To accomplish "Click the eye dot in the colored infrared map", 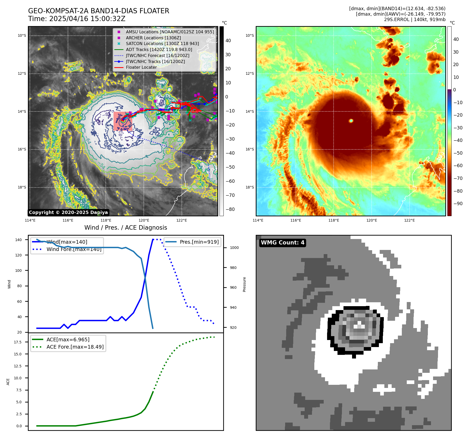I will [351, 121].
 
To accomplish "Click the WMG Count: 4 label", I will [283, 243].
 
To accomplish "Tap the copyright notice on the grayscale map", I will [68, 212].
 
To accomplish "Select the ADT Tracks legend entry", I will [159, 49].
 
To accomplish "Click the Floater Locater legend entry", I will [141, 67].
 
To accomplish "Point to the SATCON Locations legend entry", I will [162, 43].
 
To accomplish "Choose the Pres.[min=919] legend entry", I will [199, 242].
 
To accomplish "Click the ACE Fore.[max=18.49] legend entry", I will [75, 347].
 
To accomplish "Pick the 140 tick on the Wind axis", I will [18, 240].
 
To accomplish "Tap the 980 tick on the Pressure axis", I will [233, 268].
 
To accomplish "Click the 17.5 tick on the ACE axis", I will [18, 342].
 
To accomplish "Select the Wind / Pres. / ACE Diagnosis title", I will [126, 228].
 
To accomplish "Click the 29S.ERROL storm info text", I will [415, 20].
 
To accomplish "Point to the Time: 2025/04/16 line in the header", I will [77, 19].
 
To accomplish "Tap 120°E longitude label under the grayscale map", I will [144, 220].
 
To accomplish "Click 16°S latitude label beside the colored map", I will [250, 149].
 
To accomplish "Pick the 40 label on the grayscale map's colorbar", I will [228, 41].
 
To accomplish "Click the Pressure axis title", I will [244, 284].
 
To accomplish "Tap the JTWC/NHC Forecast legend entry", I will [158, 55].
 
